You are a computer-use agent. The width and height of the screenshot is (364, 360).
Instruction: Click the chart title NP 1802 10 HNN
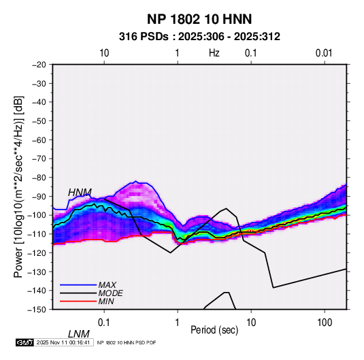[199, 19]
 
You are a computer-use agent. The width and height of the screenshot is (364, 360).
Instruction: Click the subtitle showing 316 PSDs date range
[199, 37]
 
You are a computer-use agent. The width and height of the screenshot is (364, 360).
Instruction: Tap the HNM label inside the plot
[80, 193]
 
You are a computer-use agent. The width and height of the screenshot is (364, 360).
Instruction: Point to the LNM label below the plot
[79, 334]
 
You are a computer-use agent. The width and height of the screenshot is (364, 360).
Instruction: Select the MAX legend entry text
[107, 284]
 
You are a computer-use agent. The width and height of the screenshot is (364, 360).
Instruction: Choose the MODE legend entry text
[110, 293]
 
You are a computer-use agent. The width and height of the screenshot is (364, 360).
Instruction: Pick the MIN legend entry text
[106, 301]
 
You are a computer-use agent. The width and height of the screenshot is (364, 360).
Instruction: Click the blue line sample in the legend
[78, 285]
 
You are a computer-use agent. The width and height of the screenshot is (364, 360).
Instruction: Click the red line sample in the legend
[78, 301]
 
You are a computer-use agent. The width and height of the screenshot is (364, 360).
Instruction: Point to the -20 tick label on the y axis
[39, 65]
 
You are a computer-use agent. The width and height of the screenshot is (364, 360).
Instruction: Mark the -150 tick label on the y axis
[37, 310]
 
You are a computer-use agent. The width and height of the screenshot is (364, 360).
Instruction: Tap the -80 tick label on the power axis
[39, 178]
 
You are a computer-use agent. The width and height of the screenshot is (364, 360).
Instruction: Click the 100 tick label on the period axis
[325, 323]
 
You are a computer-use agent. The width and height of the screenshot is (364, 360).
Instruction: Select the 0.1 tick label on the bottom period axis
[103, 323]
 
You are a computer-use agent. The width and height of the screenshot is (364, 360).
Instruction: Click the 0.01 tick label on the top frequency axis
[324, 53]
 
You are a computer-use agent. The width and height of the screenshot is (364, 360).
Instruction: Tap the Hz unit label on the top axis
[214, 53]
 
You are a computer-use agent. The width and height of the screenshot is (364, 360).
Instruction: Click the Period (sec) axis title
[214, 330]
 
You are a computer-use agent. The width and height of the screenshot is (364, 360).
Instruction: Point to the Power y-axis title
[18, 186]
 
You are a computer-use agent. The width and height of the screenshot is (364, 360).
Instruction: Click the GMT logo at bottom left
[25, 342]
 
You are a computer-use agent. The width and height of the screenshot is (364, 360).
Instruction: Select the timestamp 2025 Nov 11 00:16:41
[63, 342]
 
